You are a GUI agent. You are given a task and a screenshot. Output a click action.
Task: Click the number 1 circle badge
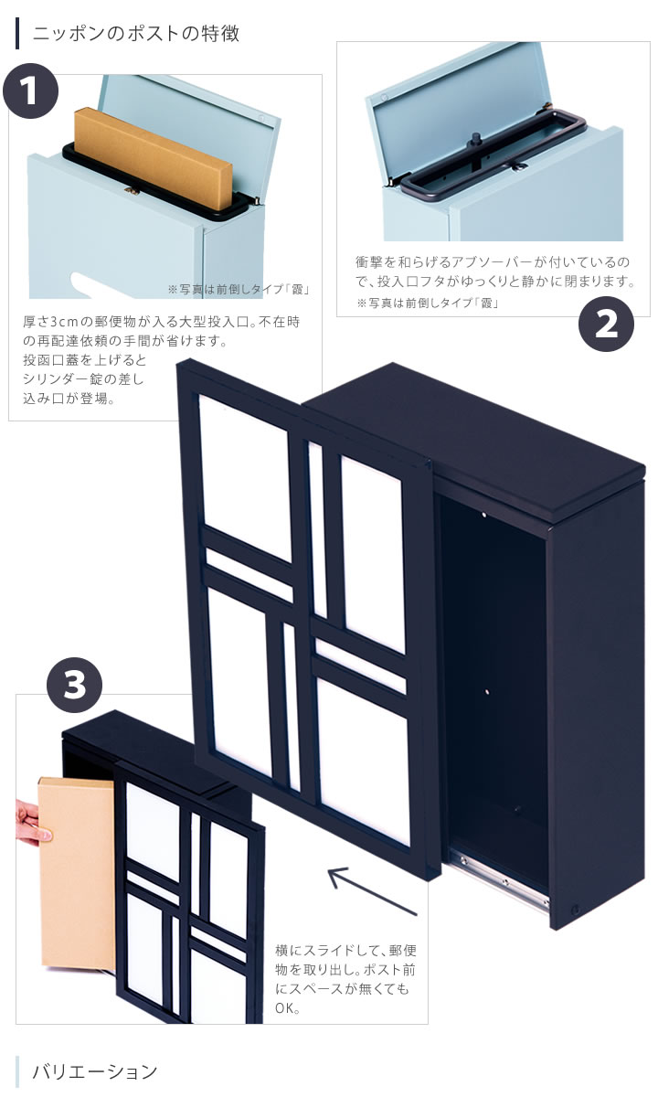tap(30, 91)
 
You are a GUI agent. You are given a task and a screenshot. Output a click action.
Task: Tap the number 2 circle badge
tap(606, 324)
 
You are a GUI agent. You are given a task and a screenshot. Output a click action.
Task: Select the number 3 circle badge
tap(74, 685)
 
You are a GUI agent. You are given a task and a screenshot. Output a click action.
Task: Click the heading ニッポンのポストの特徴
tap(136, 34)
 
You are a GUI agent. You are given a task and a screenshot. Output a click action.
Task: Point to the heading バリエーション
tap(95, 1071)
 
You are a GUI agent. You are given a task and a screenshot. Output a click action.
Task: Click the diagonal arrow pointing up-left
tap(373, 891)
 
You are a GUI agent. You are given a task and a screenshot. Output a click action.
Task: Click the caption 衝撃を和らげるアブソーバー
tap(443, 262)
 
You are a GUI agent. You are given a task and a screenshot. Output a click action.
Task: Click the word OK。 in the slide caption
tap(287, 1008)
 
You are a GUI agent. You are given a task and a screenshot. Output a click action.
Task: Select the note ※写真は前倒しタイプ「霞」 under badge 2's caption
tap(428, 304)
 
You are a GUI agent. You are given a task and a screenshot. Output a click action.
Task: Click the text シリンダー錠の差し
tap(83, 379)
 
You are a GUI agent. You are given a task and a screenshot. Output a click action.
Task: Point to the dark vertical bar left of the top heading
tap(17, 33)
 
